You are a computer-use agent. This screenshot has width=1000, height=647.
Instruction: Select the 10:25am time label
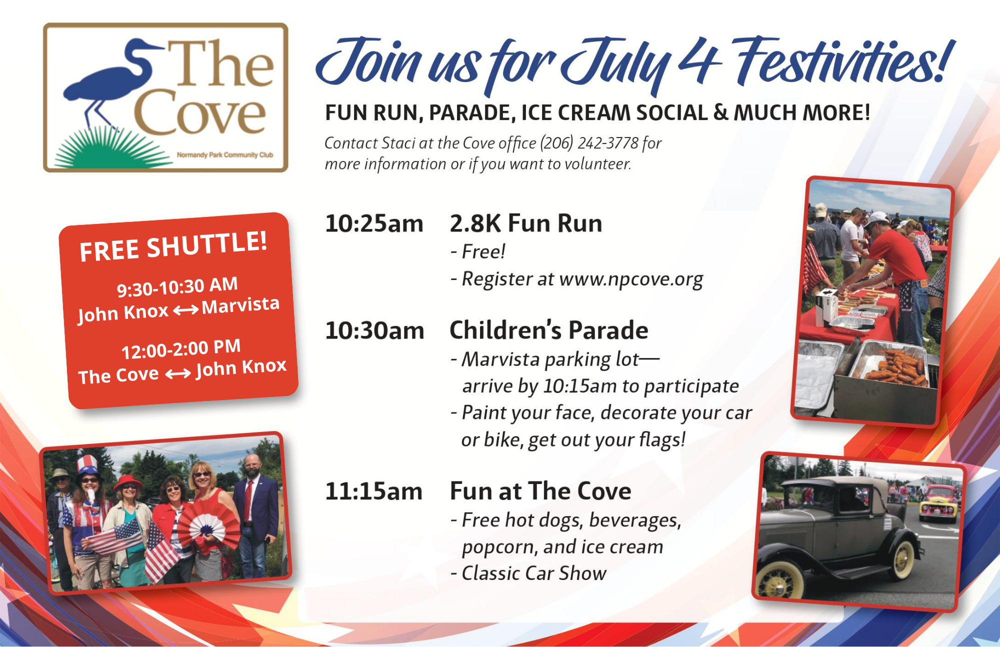coord(374,223)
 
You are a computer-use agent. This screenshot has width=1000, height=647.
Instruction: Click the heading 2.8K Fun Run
coord(526,223)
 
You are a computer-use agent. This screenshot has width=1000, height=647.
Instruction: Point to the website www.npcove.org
coord(631,279)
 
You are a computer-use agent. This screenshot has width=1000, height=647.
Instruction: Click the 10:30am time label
coord(374,330)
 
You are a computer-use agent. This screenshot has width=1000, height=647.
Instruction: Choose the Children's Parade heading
coord(549,330)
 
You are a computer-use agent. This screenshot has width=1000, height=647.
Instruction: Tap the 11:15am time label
coord(374,491)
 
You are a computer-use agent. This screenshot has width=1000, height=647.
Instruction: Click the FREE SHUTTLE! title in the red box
coord(173,246)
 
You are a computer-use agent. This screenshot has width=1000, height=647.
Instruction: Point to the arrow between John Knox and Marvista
coord(185,310)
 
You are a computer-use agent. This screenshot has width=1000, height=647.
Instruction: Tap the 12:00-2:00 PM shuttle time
coord(181,348)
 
